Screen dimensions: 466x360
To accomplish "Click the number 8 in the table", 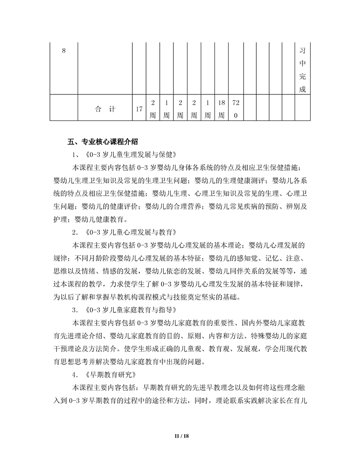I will pyautogui.click(x=64, y=51).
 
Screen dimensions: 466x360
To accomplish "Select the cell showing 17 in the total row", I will pyautogui.click(x=139, y=109).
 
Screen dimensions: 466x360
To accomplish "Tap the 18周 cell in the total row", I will pyautogui.click(x=221, y=109).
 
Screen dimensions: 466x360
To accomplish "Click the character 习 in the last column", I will pyautogui.click(x=302, y=51).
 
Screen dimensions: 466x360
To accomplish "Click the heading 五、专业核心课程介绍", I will pyautogui.click(x=103, y=142).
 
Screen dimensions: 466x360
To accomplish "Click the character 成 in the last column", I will pyautogui.click(x=302, y=89).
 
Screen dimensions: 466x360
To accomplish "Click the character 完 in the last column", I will pyautogui.click(x=302, y=76).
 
